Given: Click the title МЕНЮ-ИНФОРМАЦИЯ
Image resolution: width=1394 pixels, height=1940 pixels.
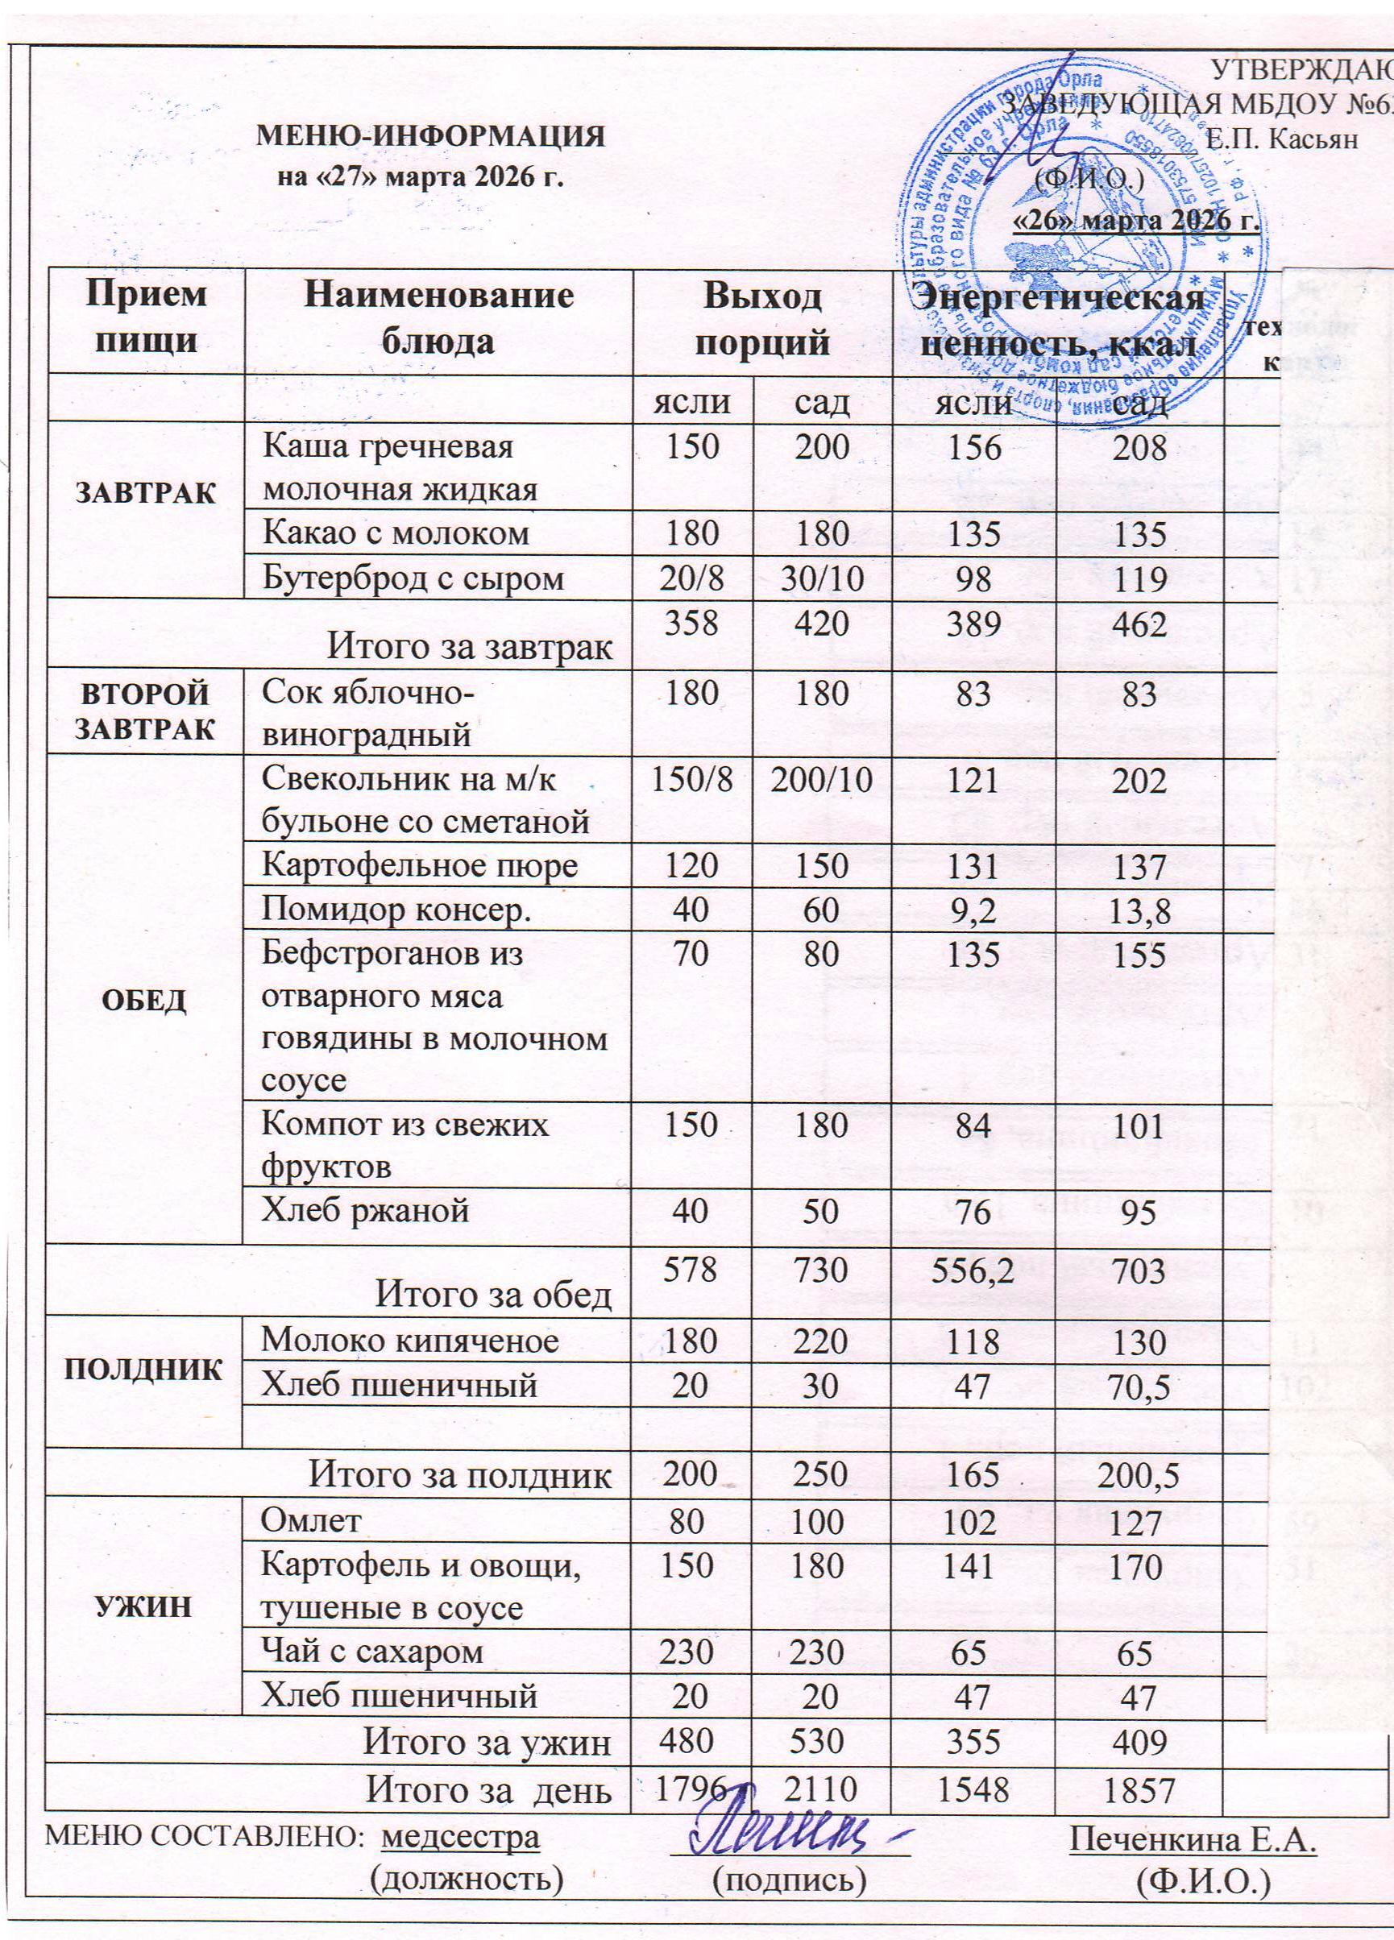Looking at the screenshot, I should pyautogui.click(x=432, y=137).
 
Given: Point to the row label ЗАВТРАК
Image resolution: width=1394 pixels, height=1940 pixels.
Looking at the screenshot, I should pyautogui.click(x=147, y=493).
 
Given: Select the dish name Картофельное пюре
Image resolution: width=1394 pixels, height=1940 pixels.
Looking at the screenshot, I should pyautogui.click(x=419, y=865).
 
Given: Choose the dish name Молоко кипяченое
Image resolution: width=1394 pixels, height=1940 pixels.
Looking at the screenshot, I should pyautogui.click(x=410, y=1341).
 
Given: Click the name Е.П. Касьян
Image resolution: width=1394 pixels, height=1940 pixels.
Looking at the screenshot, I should pyautogui.click(x=1281, y=139).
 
